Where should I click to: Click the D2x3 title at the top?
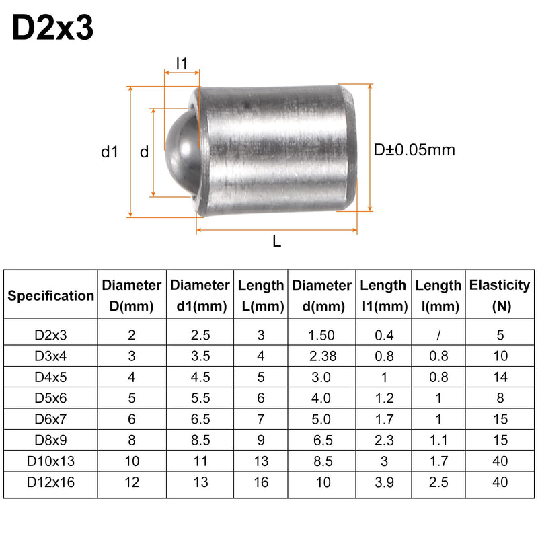(x=52, y=28)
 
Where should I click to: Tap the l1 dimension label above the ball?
(x=182, y=63)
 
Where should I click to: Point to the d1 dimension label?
(x=110, y=152)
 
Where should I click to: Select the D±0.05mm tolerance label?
(x=414, y=150)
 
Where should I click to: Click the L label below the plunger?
(x=276, y=241)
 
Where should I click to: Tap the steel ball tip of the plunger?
(x=182, y=153)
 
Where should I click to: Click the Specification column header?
(x=51, y=296)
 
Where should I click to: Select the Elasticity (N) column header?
(x=500, y=295)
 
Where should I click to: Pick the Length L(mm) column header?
(x=261, y=295)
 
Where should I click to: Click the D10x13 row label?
(x=51, y=461)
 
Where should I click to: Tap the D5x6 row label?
(x=51, y=398)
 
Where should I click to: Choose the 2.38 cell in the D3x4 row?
(x=323, y=356)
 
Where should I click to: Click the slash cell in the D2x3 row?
(x=438, y=335)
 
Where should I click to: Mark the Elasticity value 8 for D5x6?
(x=500, y=398)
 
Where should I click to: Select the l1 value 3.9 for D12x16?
(x=384, y=482)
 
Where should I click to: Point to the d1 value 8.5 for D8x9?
(x=200, y=440)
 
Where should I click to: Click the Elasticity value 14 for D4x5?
(x=500, y=377)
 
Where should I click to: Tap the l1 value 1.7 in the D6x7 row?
(x=384, y=419)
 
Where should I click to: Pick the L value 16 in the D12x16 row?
(x=261, y=482)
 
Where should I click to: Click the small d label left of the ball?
(x=145, y=152)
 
